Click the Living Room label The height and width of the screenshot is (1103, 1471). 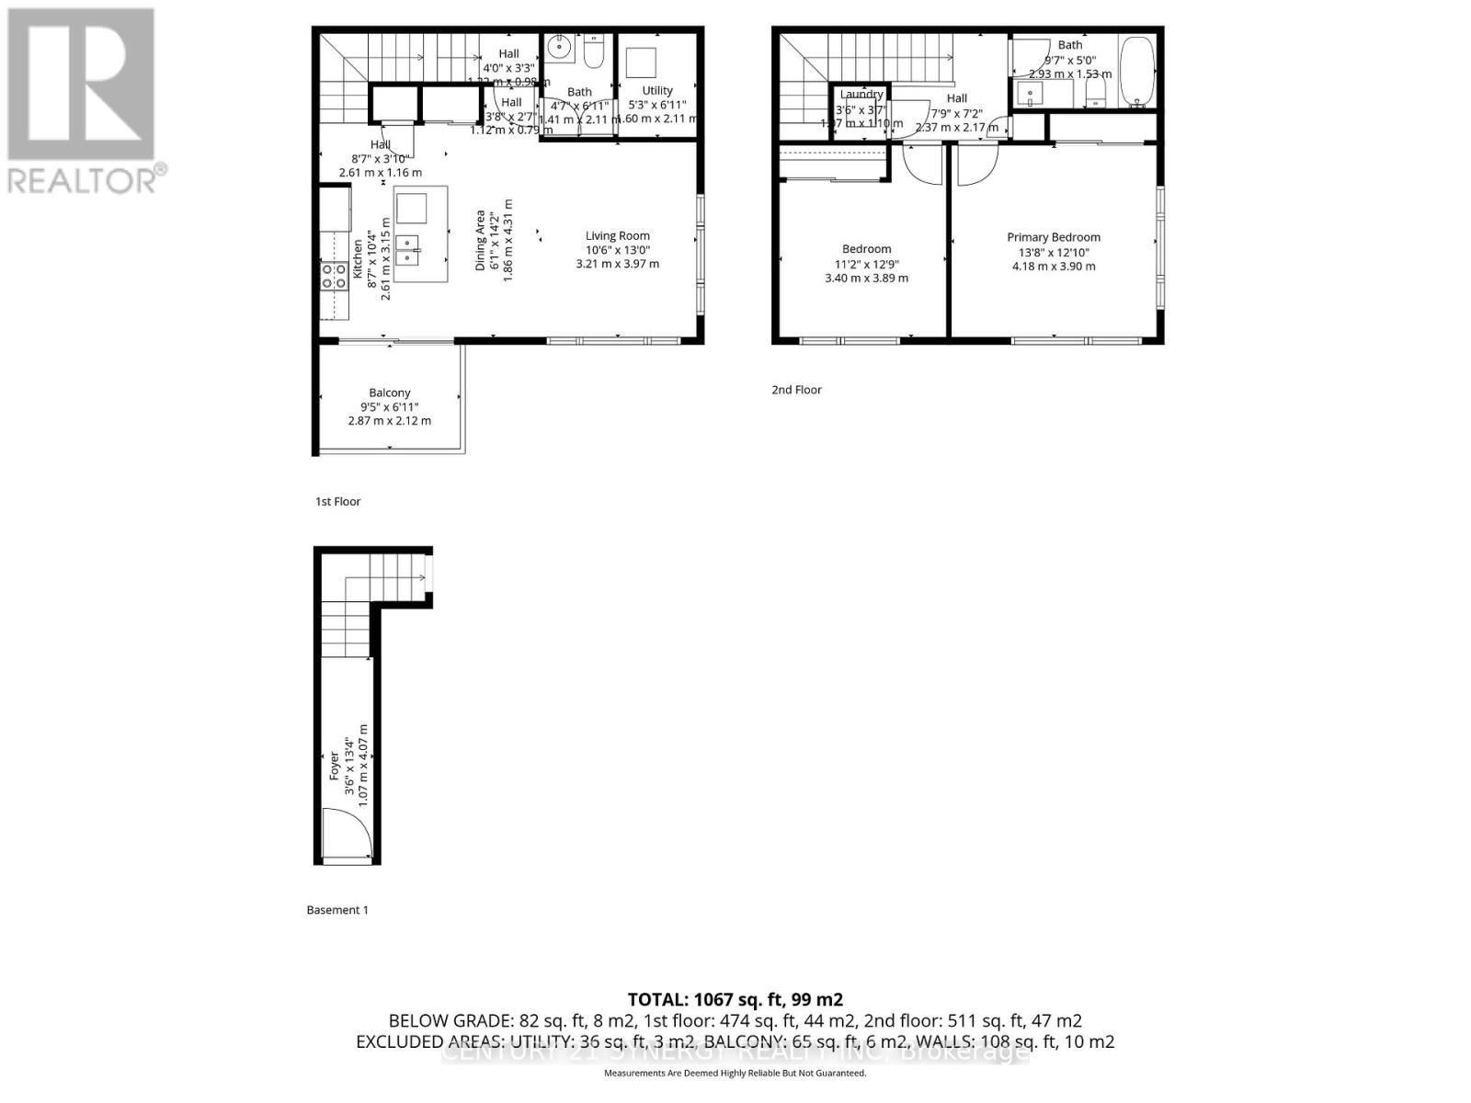click(617, 236)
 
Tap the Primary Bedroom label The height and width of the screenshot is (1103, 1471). click(1053, 237)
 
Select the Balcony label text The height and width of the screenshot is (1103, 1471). click(389, 392)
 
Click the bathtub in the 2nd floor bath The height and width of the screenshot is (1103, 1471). click(1137, 74)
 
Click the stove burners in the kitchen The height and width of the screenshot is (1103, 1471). click(333, 276)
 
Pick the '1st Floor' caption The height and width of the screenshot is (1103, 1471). click(337, 502)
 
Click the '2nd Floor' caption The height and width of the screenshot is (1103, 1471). click(796, 390)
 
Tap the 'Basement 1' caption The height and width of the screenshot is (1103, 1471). click(336, 910)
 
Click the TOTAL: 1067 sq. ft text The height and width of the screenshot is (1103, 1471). click(735, 999)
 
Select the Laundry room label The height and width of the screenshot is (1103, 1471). click(861, 94)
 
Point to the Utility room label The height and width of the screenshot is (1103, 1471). click(656, 90)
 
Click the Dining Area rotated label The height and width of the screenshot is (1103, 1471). click(480, 241)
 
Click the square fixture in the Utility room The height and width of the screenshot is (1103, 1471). click(641, 63)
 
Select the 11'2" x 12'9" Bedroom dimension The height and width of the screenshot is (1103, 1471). click(866, 264)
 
